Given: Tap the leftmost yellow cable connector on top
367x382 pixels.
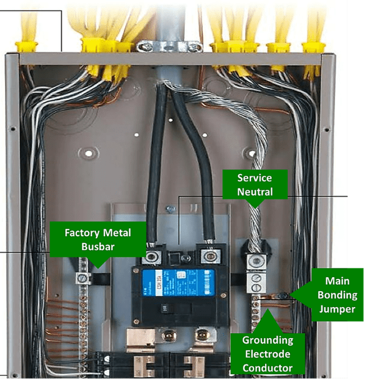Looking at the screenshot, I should point(27,45).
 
